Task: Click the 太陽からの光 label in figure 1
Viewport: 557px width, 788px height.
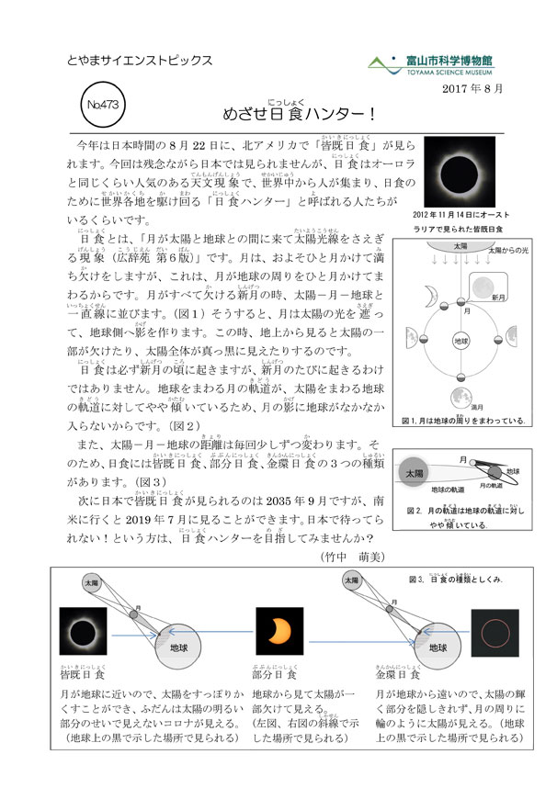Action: tap(510, 248)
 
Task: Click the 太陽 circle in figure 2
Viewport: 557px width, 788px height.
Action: tap(412, 472)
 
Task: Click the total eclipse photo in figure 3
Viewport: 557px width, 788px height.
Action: tap(83, 632)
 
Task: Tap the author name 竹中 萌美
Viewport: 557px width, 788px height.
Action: tap(352, 556)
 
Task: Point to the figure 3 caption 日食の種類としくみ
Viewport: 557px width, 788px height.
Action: tap(460, 580)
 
